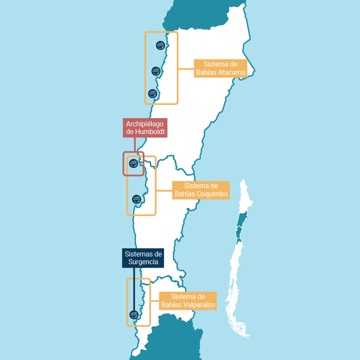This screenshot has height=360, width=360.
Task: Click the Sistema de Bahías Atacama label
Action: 220,68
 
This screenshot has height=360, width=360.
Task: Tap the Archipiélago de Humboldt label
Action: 145,128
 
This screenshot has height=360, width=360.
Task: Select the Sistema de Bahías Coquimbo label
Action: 201,190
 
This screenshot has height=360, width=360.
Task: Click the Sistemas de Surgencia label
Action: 143,258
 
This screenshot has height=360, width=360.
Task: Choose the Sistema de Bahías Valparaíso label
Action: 188,301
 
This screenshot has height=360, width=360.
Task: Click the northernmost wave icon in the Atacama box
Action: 160,45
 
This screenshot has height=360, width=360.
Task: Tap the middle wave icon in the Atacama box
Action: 156,71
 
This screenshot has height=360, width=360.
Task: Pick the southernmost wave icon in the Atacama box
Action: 152,93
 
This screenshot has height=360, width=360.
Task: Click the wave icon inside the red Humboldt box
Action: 134,163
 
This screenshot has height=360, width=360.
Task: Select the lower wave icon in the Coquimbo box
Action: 136,199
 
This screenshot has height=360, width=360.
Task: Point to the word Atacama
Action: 232,73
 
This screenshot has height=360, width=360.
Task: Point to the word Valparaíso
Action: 200,305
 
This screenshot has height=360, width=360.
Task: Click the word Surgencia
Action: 143,262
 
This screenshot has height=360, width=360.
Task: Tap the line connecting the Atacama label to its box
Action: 186,69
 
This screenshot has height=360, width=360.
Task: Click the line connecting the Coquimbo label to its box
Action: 164,190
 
